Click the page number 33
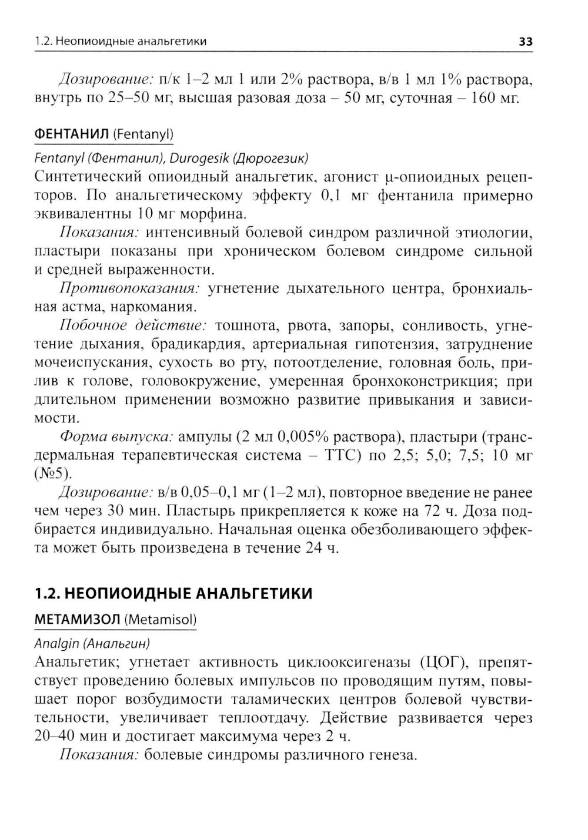(525, 42)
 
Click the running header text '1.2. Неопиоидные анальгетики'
(121, 42)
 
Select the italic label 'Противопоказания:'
(129, 288)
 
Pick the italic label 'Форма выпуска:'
(116, 437)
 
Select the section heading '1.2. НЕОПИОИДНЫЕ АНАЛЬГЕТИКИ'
(173, 593)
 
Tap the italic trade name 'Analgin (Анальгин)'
(92, 643)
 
